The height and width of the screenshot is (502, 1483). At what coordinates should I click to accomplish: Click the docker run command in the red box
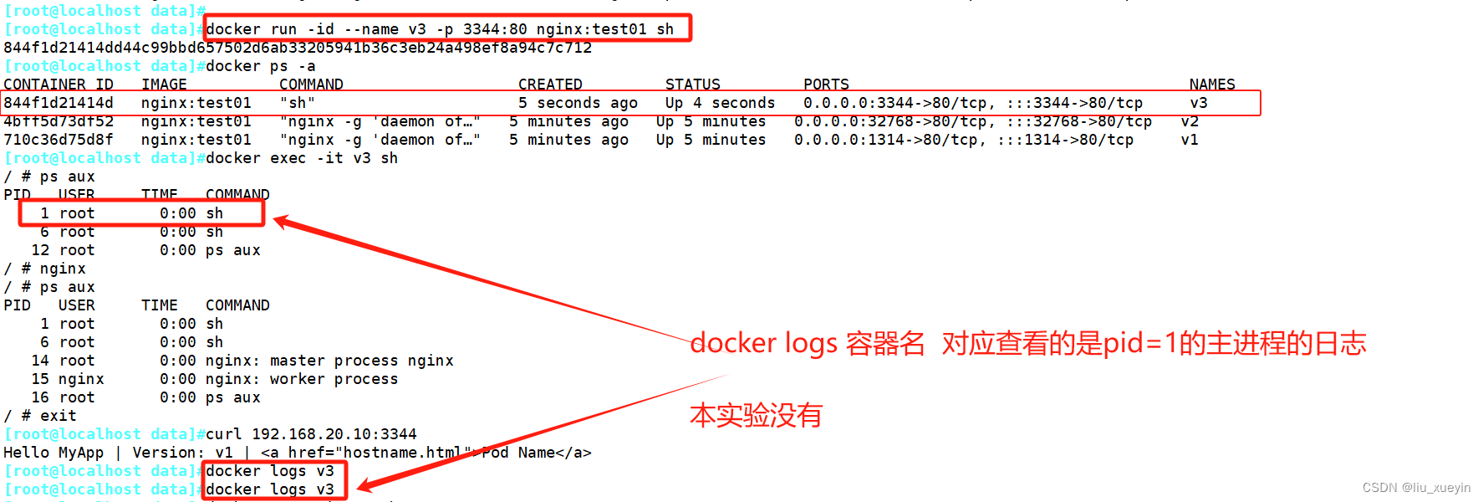[439, 29]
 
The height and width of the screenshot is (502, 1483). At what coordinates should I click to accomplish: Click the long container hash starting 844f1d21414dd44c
[297, 48]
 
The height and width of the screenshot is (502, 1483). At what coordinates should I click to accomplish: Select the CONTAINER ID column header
[58, 85]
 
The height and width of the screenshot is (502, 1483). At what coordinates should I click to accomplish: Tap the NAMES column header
[1211, 85]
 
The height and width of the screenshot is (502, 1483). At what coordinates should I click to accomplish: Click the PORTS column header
[826, 85]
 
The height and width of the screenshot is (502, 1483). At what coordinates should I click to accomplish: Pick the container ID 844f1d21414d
[58, 103]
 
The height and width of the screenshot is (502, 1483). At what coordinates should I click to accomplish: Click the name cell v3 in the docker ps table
[1199, 103]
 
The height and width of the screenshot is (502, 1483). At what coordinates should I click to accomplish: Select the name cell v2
[1190, 121]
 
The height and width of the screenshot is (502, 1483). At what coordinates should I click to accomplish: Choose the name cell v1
[1190, 140]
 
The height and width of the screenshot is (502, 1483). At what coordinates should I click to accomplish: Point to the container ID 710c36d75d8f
[58, 140]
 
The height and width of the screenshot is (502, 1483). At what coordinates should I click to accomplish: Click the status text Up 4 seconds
[720, 103]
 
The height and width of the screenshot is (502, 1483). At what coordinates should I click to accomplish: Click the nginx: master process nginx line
[329, 361]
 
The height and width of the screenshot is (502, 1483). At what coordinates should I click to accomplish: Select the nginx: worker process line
[302, 379]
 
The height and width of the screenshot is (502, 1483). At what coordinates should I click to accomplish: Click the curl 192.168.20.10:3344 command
[311, 434]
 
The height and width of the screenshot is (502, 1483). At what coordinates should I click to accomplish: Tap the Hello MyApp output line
[297, 453]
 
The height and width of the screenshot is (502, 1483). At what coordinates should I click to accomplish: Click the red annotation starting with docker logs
[1027, 343]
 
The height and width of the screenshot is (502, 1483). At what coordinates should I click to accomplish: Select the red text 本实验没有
[756, 415]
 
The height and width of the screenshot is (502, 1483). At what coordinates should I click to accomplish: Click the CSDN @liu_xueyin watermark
[1416, 488]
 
